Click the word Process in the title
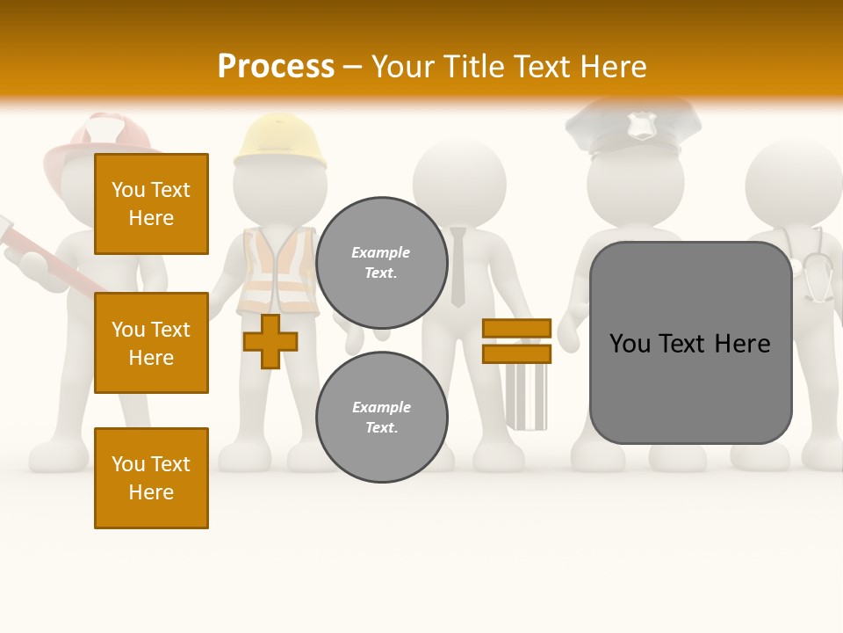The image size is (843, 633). coord(276,67)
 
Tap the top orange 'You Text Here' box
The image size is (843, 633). coord(151,204)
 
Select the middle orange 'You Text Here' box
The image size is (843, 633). coord(151,343)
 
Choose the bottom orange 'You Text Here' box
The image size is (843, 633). coord(151,478)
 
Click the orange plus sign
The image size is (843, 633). coord(270,342)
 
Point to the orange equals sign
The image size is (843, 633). coord(516,341)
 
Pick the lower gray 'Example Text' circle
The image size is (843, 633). coord(381,417)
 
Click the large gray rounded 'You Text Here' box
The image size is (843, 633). coord(690,343)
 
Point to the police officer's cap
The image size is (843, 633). coord(633,127)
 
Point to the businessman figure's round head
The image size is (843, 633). coord(459,180)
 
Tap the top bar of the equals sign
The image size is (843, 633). coord(516,329)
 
